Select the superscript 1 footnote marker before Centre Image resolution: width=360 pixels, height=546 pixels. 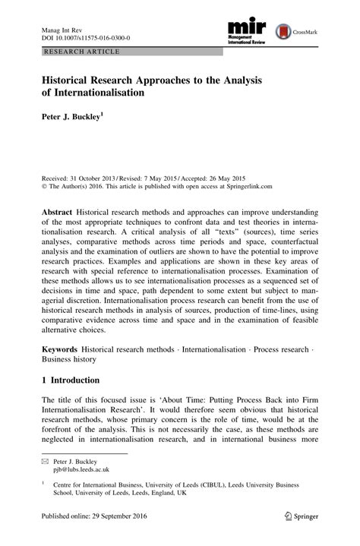44,482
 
